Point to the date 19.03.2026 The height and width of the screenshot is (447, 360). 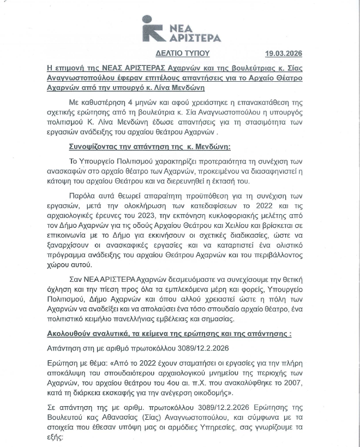pyautogui.click(x=283, y=54)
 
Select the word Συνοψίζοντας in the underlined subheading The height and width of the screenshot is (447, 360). pyautogui.click(x=98, y=147)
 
